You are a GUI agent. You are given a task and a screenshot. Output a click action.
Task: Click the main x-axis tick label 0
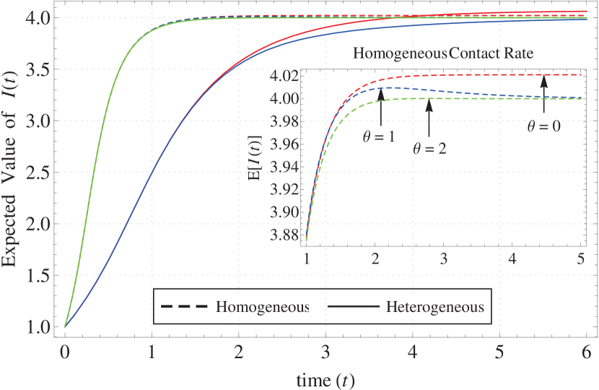pos(65,355)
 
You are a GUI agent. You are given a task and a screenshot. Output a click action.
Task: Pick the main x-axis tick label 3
pos(325,355)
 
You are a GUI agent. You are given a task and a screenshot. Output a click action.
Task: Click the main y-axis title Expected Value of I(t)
pos(13,173)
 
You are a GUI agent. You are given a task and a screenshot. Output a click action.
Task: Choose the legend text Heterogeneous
pos(434,307)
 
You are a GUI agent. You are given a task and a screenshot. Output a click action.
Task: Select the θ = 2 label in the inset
pos(429,149)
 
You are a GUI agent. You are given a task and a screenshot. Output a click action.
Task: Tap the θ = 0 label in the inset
pos(543,126)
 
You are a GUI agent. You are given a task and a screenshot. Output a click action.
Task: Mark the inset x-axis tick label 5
pos(581,258)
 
